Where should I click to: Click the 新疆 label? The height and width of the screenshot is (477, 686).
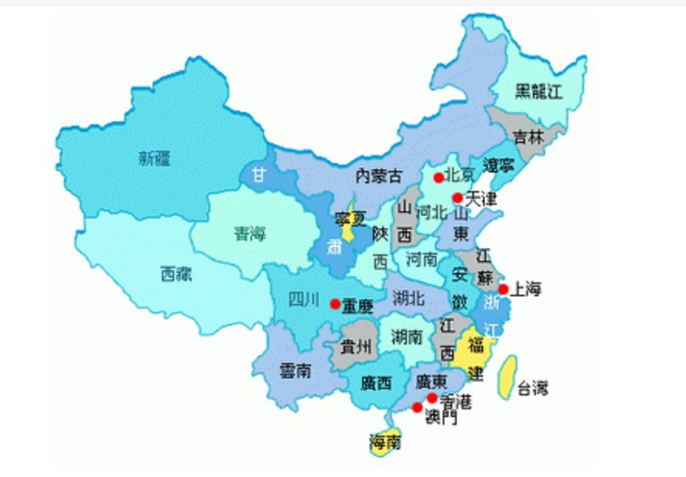coord(155,158)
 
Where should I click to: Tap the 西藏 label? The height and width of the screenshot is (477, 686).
coord(178,275)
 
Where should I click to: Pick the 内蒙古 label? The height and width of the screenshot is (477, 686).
coord(379,176)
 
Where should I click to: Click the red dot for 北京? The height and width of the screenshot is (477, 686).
coord(438,177)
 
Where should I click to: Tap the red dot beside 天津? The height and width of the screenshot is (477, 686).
coord(457,198)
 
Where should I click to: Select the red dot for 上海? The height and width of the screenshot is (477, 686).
coord(503,289)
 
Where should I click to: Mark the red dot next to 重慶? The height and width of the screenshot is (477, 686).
coord(335,304)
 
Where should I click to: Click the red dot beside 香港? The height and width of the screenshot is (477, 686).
coord(432,398)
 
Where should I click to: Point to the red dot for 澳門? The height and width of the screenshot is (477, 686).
coord(416,408)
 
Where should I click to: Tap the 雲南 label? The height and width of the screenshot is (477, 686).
coord(295,371)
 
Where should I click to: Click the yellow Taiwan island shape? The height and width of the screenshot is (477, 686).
coord(507,377)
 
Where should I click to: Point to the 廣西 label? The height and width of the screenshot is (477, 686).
coord(378,382)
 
